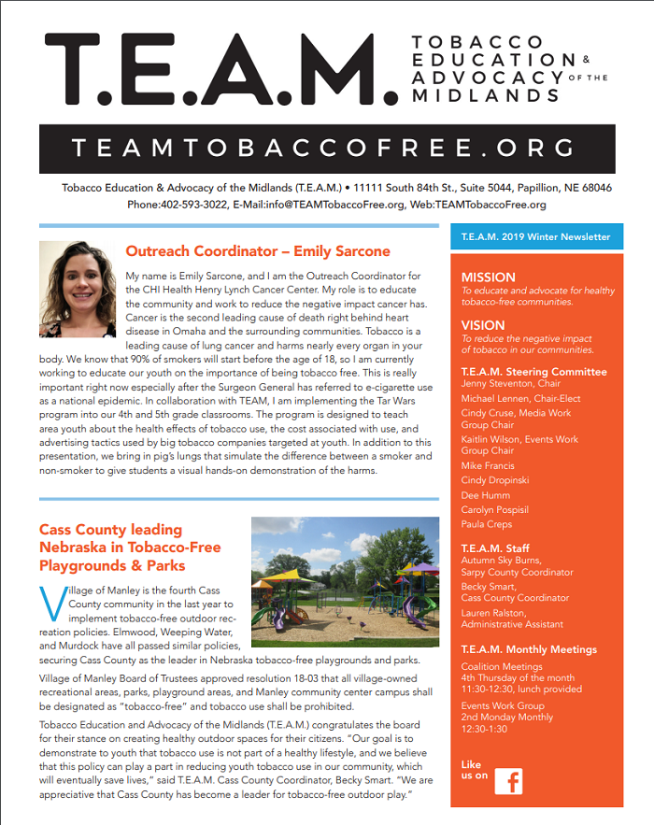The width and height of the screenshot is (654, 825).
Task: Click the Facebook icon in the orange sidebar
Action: tap(508, 781)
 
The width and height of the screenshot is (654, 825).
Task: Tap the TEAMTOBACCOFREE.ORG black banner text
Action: tap(327, 148)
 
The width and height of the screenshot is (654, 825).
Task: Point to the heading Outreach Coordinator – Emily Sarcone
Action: tap(258, 251)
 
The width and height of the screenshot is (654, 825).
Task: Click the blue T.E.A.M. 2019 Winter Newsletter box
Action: tap(536, 237)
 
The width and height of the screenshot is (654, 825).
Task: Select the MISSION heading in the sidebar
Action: tap(489, 277)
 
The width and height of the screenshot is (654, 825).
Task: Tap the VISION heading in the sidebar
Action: tap(484, 325)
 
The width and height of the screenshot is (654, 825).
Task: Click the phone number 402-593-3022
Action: tap(191, 205)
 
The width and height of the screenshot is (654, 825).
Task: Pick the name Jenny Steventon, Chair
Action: tap(511, 384)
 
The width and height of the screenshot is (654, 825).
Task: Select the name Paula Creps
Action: tap(487, 525)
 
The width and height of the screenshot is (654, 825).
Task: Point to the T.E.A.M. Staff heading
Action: tap(495, 548)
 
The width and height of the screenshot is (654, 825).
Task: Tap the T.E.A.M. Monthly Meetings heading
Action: tap(529, 649)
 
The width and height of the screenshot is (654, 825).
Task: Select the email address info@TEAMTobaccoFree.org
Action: tap(334, 205)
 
